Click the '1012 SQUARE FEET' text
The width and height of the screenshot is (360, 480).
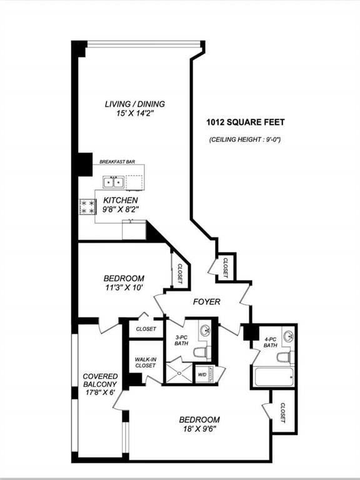coord(246,122)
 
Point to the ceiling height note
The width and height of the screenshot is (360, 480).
coord(245,139)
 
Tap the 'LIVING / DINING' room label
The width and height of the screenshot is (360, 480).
coord(135,104)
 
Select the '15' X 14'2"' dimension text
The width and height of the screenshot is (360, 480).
coord(135,114)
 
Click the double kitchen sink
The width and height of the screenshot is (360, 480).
coord(114,182)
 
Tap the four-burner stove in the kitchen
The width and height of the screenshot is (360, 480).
coord(88,207)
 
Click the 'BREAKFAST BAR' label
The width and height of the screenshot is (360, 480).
coord(117,162)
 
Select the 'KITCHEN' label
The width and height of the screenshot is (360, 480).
coord(121,201)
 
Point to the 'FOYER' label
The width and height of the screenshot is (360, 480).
coord(207,302)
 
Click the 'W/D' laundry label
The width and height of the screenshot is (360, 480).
coord(202,375)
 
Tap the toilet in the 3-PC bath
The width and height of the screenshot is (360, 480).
coord(202,352)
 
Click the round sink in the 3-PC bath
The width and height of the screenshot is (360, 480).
coord(205,330)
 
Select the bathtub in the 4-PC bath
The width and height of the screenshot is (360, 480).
coord(273,376)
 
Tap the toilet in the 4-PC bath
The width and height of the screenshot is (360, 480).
coord(285,357)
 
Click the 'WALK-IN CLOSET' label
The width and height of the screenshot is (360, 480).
coord(146,362)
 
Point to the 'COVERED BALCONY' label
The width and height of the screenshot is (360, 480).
coord(100,380)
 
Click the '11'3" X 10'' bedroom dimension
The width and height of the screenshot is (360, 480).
coord(124,287)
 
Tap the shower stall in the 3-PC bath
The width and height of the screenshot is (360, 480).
coord(179,373)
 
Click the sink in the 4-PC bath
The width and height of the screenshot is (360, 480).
coord(287,336)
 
